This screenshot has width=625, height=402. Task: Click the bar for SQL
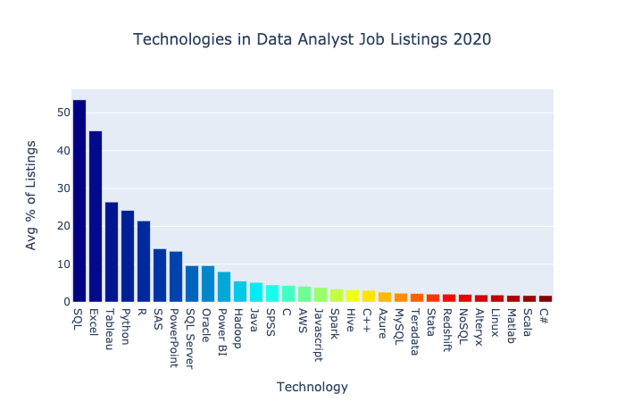(79, 201)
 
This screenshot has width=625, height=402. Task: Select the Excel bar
(96, 216)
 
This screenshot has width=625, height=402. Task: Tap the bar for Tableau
(112, 252)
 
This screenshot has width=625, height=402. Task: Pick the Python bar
(128, 256)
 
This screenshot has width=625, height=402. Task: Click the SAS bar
(160, 275)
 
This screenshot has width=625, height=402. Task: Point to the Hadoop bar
(240, 291)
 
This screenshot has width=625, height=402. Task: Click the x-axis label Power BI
(224, 329)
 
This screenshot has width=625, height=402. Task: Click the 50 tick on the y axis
(58, 113)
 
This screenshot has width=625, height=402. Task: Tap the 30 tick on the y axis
(58, 188)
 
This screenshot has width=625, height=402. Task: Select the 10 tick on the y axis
(58, 264)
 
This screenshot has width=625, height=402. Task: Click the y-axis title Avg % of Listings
(31, 195)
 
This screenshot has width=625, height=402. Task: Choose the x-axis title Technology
(312, 387)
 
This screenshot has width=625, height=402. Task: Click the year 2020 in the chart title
(471, 39)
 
